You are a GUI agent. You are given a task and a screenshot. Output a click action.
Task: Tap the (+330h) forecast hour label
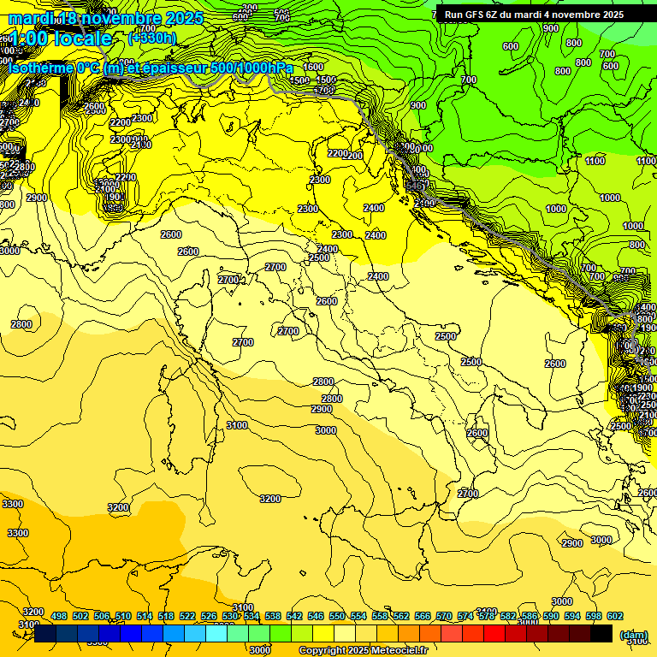click(151, 38)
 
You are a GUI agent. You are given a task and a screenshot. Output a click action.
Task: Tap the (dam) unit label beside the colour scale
click(634, 634)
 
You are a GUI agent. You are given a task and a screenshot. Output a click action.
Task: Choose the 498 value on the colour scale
click(59, 617)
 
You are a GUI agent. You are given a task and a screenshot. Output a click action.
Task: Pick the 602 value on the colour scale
click(615, 617)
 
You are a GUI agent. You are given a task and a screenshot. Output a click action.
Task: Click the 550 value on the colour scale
click(337, 617)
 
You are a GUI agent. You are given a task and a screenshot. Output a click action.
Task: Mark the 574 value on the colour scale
click(465, 617)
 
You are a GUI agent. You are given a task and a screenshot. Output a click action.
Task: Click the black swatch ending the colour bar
click(601, 633)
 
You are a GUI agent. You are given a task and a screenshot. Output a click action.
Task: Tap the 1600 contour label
click(314, 67)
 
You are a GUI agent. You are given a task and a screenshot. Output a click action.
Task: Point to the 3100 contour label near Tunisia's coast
click(237, 426)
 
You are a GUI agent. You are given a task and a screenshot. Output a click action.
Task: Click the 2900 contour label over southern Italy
click(322, 410)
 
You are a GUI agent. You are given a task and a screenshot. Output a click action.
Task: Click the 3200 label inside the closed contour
click(270, 499)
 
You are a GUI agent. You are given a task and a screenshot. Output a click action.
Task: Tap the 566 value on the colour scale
click(423, 617)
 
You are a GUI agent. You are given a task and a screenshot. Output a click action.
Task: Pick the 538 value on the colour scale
click(273, 617)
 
